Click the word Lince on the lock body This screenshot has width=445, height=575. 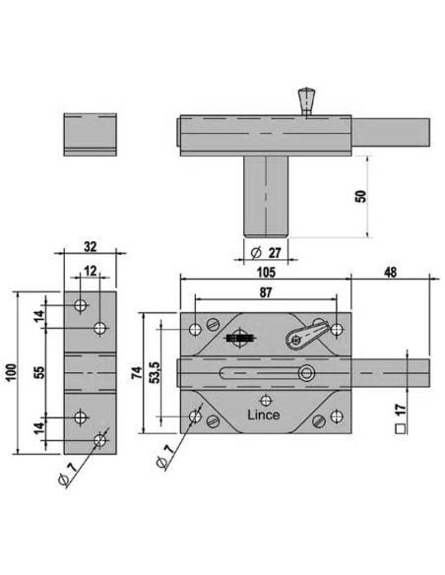(x=264, y=415)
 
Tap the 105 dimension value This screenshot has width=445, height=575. (x=266, y=272)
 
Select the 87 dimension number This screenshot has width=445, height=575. (x=266, y=292)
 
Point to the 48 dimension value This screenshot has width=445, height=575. (x=391, y=273)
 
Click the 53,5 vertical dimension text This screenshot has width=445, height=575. (x=156, y=372)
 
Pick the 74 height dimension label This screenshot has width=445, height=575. (x=137, y=372)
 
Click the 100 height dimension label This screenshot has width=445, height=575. (x=11, y=373)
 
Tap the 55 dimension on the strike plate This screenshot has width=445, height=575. (x=39, y=372)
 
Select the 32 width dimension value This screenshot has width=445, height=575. (x=91, y=247)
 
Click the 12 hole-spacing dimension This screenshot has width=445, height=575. (x=91, y=271)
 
